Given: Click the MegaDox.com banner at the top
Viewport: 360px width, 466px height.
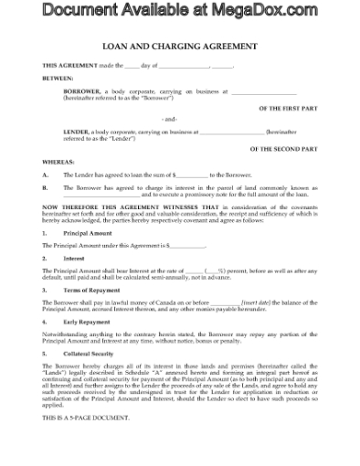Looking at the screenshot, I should click(x=180, y=12).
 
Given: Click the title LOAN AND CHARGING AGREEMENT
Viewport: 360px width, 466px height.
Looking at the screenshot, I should click(x=179, y=45).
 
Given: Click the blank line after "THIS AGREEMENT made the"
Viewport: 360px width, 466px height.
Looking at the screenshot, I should click(x=133, y=65).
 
